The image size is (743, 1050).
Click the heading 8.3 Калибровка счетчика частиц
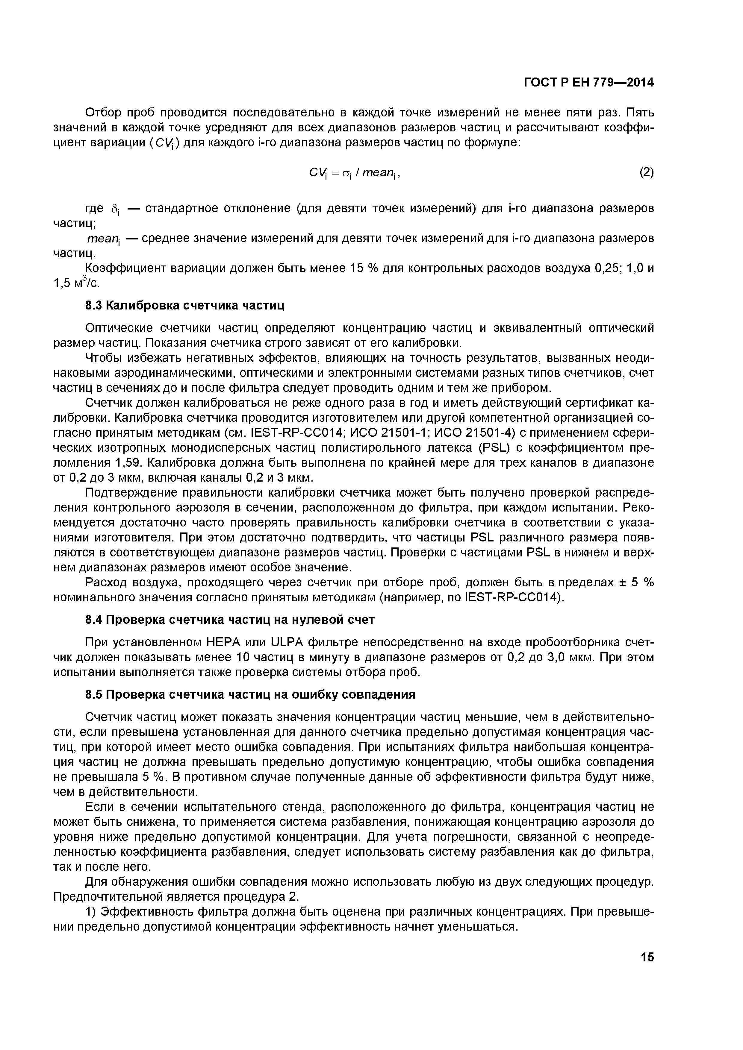[x=185, y=305]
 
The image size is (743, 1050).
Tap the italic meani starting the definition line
[x=103, y=239]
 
